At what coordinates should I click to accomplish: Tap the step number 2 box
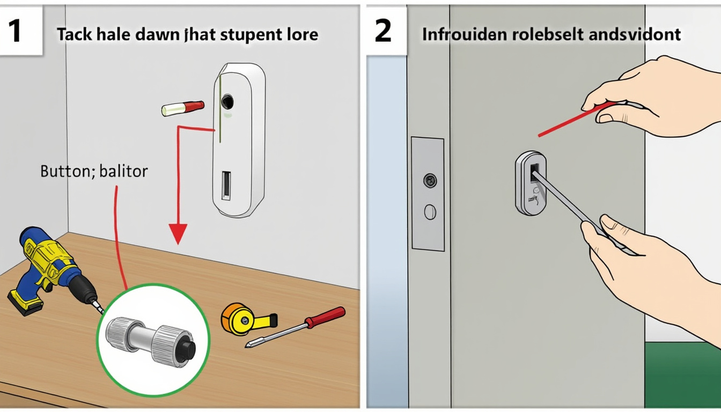(x=384, y=31)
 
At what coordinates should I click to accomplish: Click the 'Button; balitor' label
(x=94, y=172)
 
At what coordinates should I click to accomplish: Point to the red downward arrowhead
(x=178, y=234)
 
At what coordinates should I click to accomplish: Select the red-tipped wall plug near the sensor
(x=183, y=108)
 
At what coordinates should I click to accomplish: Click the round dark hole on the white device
(x=227, y=100)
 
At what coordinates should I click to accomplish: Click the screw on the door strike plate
(x=429, y=180)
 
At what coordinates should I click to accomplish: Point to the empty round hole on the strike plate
(x=430, y=212)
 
